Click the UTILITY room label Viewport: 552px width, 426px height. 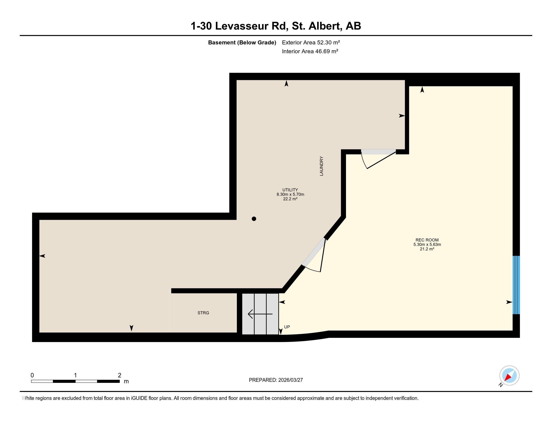290,190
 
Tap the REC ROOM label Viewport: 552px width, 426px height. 427,240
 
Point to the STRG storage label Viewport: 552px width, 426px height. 203,313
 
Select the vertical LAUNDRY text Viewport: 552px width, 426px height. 321,166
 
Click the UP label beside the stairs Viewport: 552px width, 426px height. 287,327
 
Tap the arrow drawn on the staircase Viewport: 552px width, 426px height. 260,314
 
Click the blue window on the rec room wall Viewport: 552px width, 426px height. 516,285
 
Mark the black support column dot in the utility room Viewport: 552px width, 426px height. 254,219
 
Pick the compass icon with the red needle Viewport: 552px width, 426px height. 509,376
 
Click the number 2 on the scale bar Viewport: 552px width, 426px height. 119,375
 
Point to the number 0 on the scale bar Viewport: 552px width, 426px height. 32,375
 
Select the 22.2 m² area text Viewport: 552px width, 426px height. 290,199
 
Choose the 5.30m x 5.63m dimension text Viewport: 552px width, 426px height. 427,245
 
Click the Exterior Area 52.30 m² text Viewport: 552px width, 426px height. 311,42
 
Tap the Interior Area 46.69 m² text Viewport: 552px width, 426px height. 310,51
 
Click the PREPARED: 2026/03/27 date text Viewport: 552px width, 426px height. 276,380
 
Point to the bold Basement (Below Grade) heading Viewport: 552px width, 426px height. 242,43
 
